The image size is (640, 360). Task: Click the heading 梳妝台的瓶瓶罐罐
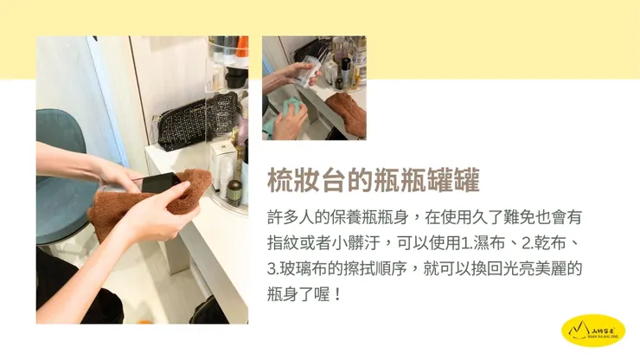373,181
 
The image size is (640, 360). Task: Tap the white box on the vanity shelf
221,161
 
